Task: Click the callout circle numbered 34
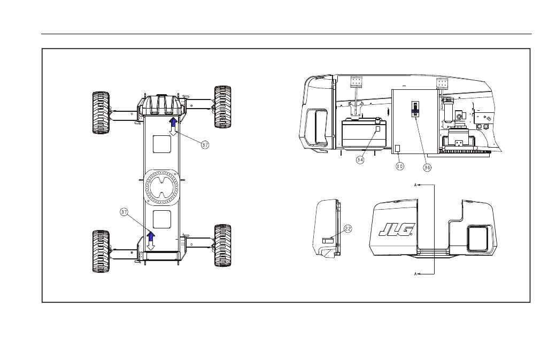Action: tap(360, 160)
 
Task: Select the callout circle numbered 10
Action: tap(400, 166)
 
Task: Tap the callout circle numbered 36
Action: tap(427, 167)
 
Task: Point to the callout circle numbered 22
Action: tap(348, 229)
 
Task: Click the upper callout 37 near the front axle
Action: tap(205, 145)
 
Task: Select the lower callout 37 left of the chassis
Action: tap(123, 212)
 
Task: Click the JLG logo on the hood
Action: tap(397, 229)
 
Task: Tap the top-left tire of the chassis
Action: tap(101, 113)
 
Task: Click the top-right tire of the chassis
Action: tap(223, 107)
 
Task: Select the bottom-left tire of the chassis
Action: tap(101, 251)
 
